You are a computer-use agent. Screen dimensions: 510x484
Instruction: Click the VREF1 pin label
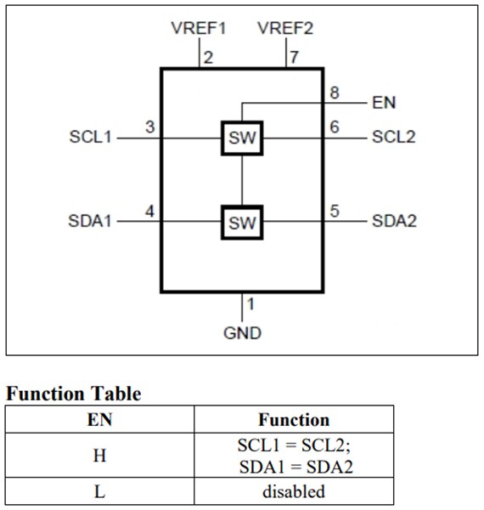(200, 28)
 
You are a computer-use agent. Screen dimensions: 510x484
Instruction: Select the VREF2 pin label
(285, 28)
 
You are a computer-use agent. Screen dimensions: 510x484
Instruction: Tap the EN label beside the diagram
(384, 103)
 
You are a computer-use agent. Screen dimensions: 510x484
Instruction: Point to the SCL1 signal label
(90, 137)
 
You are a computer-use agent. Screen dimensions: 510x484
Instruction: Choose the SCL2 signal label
(394, 137)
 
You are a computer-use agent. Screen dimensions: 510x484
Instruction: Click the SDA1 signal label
(90, 222)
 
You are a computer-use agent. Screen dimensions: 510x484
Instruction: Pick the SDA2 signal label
(394, 222)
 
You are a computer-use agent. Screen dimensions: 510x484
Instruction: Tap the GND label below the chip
(242, 332)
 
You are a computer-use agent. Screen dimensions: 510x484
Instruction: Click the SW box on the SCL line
(242, 138)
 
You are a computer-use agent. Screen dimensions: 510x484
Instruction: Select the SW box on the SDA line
(242, 223)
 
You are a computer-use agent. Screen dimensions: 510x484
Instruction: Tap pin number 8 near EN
(335, 93)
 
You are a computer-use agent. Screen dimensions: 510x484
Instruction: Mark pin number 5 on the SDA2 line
(335, 212)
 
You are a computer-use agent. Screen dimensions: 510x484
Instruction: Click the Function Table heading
(74, 394)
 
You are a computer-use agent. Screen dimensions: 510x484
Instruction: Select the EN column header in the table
(99, 419)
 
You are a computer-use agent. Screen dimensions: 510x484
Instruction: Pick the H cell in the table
(99, 456)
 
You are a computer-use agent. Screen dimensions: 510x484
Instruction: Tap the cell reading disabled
(294, 491)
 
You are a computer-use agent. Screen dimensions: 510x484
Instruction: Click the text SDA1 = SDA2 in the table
(294, 466)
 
